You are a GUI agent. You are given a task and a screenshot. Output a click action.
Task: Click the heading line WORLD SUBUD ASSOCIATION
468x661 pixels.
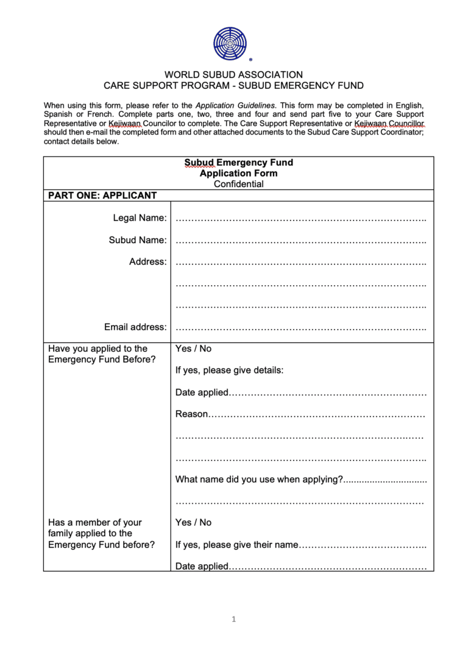tap(233, 75)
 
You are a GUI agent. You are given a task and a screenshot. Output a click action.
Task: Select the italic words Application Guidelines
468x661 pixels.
tap(235, 105)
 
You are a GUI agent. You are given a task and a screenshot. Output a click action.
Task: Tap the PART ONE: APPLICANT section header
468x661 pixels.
tap(102, 196)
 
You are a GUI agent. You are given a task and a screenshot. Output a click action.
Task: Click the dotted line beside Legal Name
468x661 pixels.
tap(300, 218)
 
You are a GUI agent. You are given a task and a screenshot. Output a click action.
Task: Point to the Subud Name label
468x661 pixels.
tap(138, 240)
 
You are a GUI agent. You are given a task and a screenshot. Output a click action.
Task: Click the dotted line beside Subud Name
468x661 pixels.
tap(300, 241)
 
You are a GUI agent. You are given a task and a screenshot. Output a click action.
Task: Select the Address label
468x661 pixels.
tap(147, 262)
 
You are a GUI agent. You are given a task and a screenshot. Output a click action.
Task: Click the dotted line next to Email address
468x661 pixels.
tap(300, 328)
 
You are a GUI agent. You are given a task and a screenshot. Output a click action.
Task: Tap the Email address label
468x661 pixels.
tap(135, 327)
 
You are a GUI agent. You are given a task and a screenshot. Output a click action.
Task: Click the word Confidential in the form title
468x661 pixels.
tap(239, 184)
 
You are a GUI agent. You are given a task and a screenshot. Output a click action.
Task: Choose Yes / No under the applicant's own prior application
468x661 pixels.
tap(193, 349)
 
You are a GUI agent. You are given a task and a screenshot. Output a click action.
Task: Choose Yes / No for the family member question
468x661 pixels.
tap(193, 523)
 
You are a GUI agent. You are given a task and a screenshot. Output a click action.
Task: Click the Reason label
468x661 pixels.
tap(191, 414)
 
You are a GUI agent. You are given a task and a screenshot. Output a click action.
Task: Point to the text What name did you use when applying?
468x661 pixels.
tap(259, 479)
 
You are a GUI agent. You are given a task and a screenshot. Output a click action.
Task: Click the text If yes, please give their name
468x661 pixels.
tap(236, 545)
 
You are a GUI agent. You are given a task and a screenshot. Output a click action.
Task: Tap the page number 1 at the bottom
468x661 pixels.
tap(233, 620)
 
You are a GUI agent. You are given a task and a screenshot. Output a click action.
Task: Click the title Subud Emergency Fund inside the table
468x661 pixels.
tap(239, 163)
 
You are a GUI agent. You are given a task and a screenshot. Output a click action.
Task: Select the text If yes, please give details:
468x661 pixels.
tap(229, 370)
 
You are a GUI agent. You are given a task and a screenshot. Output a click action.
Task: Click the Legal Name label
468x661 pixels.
tap(140, 218)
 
